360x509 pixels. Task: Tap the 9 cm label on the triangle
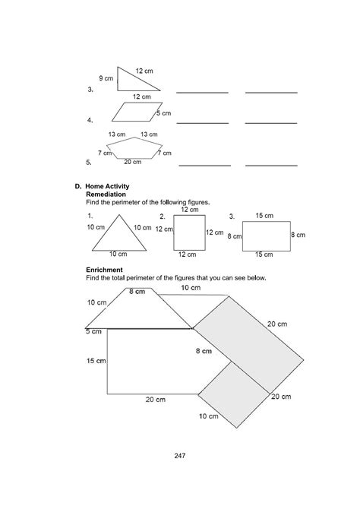coord(106,78)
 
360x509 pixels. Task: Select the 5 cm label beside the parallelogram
coord(163,113)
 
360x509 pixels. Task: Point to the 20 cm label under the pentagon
coord(132,162)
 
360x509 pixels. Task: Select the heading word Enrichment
coord(106,270)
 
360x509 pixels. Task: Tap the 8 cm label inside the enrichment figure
coord(204,351)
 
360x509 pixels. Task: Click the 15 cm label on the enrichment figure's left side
coord(95,360)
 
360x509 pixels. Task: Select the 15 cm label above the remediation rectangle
coord(264,216)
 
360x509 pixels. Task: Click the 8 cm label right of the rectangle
coord(298,236)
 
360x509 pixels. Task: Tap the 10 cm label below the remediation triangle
coord(117,254)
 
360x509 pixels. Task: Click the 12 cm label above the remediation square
coord(190,209)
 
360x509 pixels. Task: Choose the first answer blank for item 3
coord(202,91)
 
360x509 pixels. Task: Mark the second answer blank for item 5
coord(271,163)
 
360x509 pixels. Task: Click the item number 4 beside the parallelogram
coord(90,121)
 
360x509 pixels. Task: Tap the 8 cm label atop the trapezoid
coord(137,292)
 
